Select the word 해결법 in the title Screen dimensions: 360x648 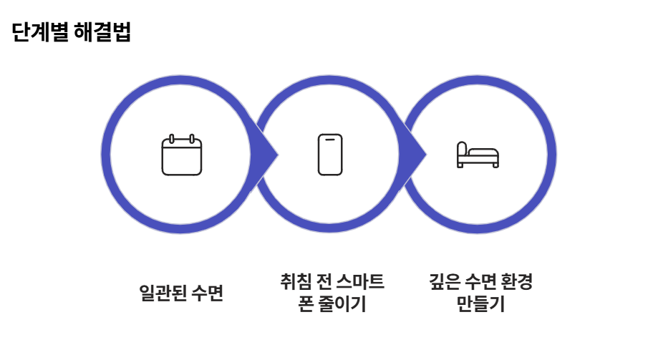102,33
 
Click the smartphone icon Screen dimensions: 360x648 330,155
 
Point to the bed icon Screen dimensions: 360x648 478,155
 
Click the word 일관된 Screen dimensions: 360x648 161,293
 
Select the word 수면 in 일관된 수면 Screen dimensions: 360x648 208,293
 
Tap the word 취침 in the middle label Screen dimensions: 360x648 294,282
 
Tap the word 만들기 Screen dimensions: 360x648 479,304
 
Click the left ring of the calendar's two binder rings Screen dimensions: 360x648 172,138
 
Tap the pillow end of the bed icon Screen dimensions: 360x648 463,149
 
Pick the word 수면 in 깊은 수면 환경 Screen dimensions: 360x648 475,282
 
